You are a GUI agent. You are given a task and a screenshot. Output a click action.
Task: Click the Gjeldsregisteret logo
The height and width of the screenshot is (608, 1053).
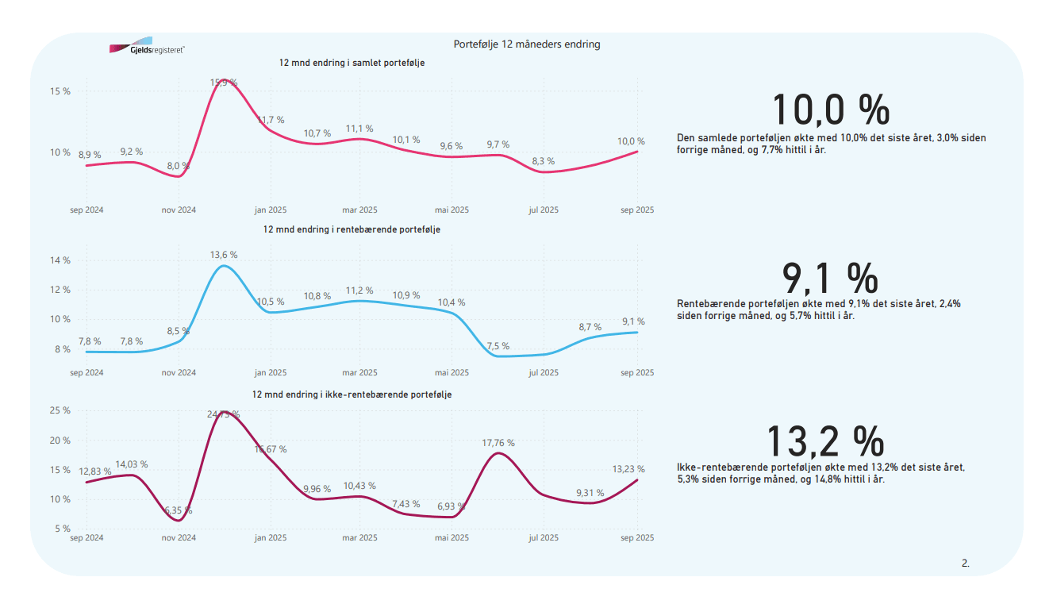pos(147,48)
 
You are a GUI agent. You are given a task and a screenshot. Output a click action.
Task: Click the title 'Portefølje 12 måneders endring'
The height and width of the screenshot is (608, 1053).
pos(526,44)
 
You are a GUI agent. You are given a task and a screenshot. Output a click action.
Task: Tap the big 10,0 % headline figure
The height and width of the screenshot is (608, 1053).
pos(830,110)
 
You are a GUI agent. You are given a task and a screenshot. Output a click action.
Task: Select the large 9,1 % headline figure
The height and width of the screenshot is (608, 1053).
pos(830,278)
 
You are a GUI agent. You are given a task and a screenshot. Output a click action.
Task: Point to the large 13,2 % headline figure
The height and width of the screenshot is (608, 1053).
pos(825,441)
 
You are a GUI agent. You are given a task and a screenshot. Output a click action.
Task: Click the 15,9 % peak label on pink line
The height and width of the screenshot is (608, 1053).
pos(224,82)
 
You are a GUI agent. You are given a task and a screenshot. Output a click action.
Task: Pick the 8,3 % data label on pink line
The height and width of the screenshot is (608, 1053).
pos(544,161)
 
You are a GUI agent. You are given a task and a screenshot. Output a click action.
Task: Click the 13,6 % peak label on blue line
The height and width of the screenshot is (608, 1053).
pos(224,255)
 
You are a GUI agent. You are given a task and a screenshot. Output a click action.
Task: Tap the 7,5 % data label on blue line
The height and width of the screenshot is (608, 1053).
pos(498,346)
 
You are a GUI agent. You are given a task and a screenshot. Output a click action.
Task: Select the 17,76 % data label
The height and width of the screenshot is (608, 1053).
pos(498,443)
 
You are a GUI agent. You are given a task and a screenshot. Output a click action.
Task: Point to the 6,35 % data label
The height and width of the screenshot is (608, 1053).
pos(178,510)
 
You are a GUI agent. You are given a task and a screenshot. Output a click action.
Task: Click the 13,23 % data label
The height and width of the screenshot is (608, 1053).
pos(628,469)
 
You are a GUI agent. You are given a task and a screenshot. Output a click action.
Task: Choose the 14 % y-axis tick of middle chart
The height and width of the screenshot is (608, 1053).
pos(60,260)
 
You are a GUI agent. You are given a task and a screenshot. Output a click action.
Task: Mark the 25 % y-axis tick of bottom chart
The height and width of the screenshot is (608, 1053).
pos(60,410)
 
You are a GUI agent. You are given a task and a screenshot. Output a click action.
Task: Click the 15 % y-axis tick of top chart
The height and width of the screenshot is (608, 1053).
pos(60,91)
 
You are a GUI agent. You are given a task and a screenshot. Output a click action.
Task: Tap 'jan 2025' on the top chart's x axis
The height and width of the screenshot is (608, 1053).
pos(271,210)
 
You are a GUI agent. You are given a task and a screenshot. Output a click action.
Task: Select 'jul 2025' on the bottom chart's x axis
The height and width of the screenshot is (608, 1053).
pos(544,537)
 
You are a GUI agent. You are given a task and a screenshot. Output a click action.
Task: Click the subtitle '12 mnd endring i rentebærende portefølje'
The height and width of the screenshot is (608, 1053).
pos(352,229)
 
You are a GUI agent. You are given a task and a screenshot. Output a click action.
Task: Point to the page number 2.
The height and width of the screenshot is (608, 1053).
pos(965,564)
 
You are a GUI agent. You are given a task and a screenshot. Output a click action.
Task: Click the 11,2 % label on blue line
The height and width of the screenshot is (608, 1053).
pos(359,291)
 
